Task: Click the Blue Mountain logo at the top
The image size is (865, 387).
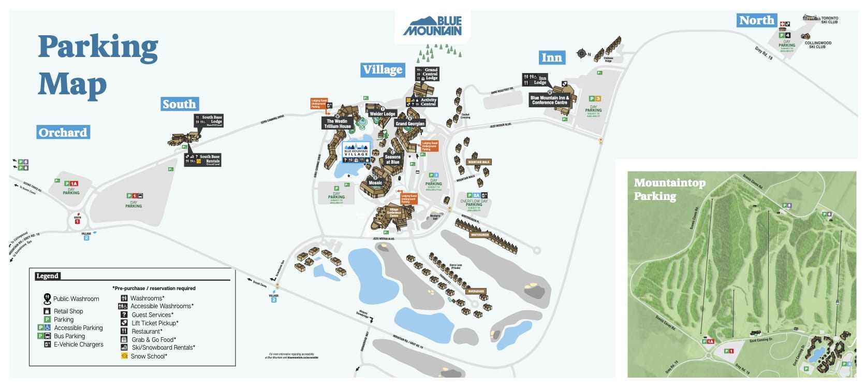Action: click(432, 26)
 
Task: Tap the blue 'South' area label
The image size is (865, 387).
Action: click(179, 104)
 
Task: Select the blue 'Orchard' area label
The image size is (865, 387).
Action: click(63, 133)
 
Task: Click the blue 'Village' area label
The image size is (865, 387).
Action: click(383, 70)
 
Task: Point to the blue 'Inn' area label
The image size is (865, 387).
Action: click(551, 58)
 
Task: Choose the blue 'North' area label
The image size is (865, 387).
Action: click(756, 21)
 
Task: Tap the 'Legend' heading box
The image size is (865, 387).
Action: click(47, 276)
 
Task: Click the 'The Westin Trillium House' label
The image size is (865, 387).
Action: click(338, 123)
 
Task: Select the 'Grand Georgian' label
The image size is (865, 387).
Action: click(410, 123)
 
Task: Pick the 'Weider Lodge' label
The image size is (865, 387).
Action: click(383, 114)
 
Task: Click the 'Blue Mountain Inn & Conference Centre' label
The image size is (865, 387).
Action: click(549, 100)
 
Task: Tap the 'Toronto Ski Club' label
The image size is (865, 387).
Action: click(829, 20)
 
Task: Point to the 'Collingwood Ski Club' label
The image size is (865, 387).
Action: click(818, 45)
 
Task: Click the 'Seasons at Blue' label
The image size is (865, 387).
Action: click(392, 160)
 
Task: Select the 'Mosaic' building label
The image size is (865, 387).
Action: click(375, 183)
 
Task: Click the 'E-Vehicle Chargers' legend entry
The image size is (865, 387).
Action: click(78, 345)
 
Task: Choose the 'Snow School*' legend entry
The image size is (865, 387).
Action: click(149, 356)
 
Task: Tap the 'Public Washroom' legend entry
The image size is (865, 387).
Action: click(76, 299)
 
